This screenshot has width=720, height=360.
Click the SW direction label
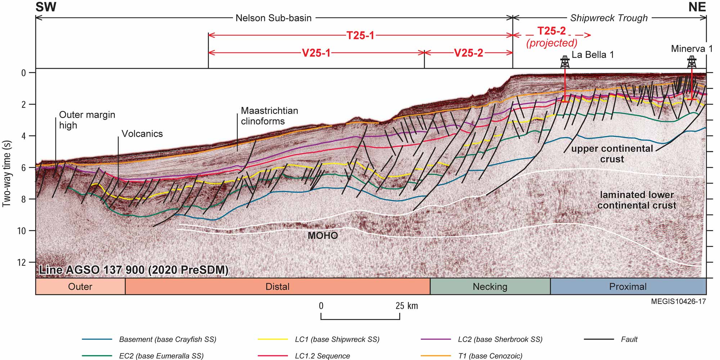[46, 7]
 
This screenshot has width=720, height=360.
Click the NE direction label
[697, 7]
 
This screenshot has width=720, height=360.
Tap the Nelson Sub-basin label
[274, 18]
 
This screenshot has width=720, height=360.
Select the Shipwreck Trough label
[609, 18]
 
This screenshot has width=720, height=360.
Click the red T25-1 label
[360, 35]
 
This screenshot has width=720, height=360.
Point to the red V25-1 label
[316, 53]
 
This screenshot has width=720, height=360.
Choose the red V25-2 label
[468, 53]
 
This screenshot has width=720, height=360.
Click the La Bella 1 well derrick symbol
[565, 62]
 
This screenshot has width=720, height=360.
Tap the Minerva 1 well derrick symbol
[692, 62]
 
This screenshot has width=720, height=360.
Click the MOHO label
[323, 236]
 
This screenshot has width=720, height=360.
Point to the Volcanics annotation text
[142, 134]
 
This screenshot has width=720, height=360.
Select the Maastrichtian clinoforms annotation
[270, 116]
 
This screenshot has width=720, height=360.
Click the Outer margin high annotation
[87, 120]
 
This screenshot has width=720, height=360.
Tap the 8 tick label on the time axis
[24, 199]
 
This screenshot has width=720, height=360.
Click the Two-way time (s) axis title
[7, 174]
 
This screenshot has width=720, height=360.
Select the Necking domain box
[490, 287]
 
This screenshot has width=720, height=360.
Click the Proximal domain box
[628, 287]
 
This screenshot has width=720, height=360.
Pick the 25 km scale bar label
[407, 306]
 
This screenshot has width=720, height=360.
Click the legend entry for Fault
[611, 339]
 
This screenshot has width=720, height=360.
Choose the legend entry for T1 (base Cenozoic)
[472, 356]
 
